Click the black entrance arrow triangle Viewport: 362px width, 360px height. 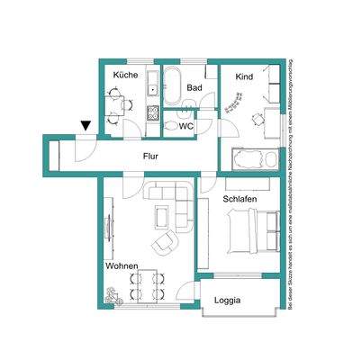85,128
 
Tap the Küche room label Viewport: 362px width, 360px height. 125,75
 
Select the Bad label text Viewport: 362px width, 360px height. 194,87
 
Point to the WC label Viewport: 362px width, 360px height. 186,126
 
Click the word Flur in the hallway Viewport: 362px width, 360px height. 150,156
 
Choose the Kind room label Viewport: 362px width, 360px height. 244,76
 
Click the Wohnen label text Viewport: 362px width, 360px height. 121,267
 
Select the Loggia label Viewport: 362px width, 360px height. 227,301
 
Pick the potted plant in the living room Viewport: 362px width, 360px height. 112,293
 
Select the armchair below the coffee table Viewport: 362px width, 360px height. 164,241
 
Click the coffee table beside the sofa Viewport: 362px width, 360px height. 162,216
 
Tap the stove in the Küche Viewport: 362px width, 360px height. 151,115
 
